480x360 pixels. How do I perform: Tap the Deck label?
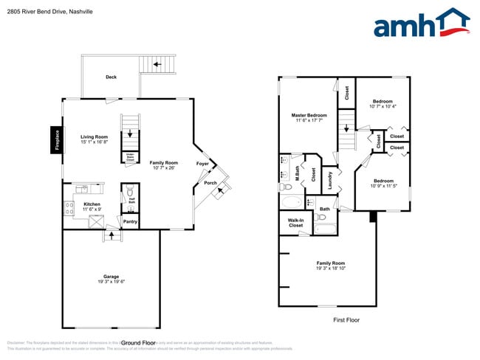pyautogui.click(x=111, y=77)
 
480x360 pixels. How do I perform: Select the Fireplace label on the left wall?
pyautogui.click(x=55, y=139)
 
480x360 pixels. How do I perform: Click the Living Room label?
pyautogui.click(x=95, y=136)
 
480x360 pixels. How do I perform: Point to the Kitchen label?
pyautogui.click(x=92, y=204)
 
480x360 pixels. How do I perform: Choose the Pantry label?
pyautogui.click(x=130, y=221)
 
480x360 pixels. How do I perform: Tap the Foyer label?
pyautogui.click(x=202, y=163)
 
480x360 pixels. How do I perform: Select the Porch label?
pyautogui.click(x=210, y=182)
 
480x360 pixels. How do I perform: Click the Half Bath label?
pyautogui.click(x=131, y=200)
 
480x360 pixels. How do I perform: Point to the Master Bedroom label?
pyautogui.click(x=309, y=115)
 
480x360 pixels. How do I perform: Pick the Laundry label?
pyautogui.click(x=331, y=179)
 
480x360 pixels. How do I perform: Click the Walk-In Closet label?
pyautogui.click(x=295, y=222)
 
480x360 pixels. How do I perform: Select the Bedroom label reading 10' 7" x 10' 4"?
pyautogui.click(x=383, y=106)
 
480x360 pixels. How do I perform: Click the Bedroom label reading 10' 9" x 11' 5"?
pyautogui.click(x=383, y=186)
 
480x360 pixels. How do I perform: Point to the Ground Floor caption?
pyautogui.click(x=138, y=343)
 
